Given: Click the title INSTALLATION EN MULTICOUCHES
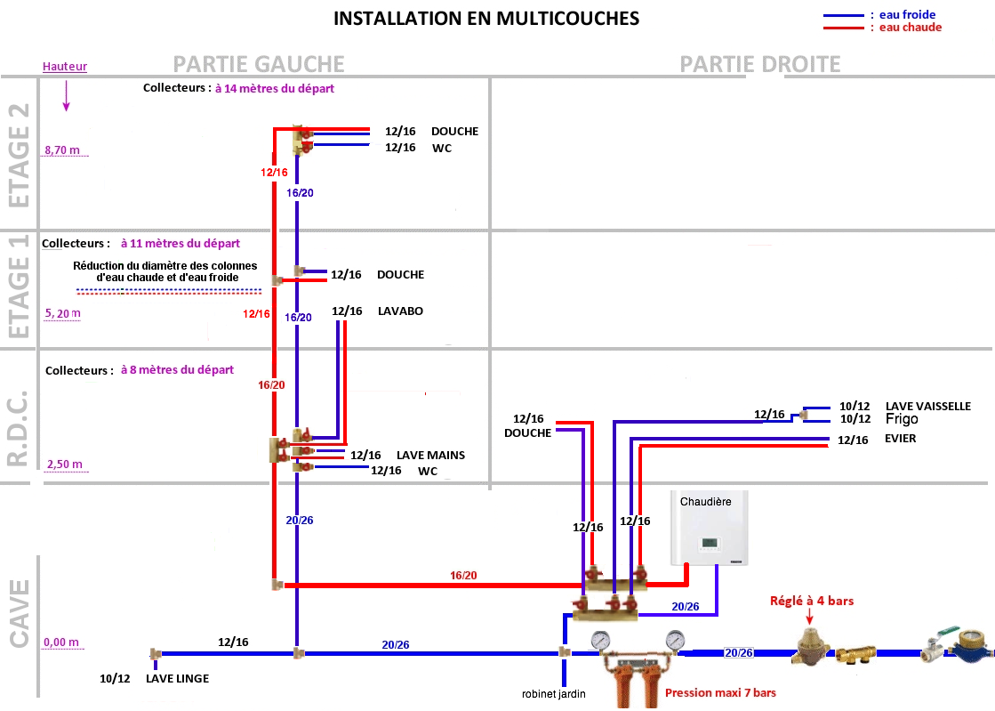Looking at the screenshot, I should coord(485,19).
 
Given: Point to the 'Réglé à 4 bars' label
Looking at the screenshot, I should coord(811,601).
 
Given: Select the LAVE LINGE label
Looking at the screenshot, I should coord(178,678).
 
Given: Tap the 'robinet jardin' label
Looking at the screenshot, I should coord(553,693).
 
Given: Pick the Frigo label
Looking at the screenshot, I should coord(900,419).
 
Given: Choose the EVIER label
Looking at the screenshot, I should coord(900,439).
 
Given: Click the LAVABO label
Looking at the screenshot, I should coord(400,311).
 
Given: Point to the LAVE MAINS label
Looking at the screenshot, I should coord(430,455).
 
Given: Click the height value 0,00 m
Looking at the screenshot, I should coord(61,642).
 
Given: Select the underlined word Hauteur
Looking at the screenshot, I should coord(64,67).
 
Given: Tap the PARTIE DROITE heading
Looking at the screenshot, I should coord(759,64).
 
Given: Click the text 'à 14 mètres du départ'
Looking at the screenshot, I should coord(274,89).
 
